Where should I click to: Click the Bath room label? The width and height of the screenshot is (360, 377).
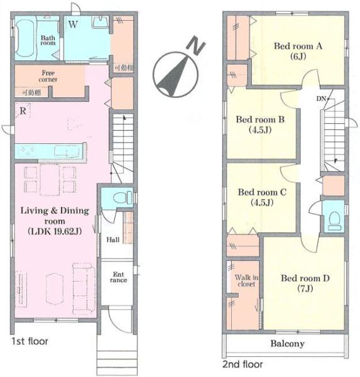click(x=48, y=40)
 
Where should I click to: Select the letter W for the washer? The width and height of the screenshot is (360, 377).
click(x=73, y=25)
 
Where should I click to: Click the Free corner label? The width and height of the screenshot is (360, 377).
click(x=48, y=76)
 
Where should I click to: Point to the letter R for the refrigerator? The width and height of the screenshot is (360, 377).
click(x=23, y=111)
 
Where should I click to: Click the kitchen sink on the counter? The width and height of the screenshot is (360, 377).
click(x=67, y=151)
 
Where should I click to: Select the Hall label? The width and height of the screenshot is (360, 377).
click(x=113, y=240)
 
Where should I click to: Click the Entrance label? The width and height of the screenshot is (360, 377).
click(x=119, y=277)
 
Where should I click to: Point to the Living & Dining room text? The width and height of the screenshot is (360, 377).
click(x=55, y=216)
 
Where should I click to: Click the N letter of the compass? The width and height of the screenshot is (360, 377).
click(x=196, y=46)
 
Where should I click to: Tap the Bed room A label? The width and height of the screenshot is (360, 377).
click(x=298, y=51)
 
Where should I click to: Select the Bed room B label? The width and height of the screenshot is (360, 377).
click(x=260, y=124)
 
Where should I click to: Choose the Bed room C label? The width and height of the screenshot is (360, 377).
click(x=262, y=197)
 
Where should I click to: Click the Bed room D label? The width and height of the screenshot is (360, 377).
click(x=305, y=283)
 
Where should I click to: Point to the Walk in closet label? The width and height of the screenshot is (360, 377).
click(x=246, y=281)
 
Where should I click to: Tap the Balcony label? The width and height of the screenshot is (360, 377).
click(x=287, y=344)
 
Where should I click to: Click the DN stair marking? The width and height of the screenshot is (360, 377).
click(x=322, y=99)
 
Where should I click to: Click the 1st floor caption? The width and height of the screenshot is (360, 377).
click(x=30, y=341)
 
